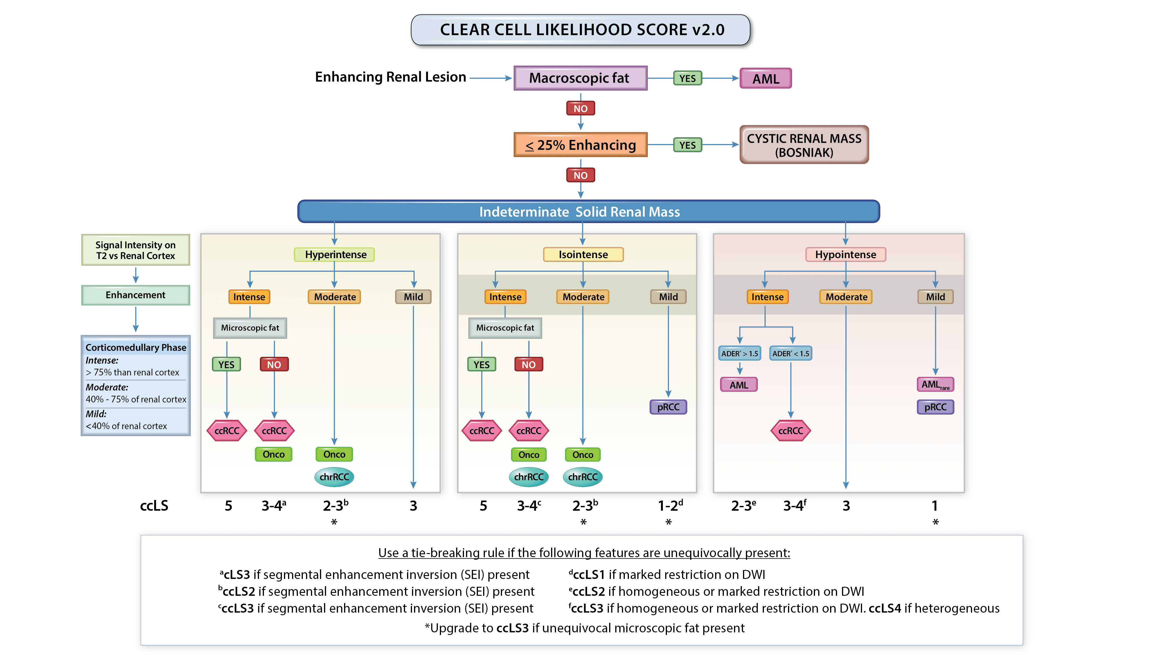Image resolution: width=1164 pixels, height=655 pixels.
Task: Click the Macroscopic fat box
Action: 580,78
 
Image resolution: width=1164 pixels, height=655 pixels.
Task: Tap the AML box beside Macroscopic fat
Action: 765,79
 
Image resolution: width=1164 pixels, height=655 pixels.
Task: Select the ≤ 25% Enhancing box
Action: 580,145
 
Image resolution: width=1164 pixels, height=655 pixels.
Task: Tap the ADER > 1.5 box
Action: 739,353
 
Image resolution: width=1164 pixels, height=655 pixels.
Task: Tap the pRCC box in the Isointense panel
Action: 668,407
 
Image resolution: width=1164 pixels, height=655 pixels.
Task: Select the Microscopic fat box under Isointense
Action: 505,328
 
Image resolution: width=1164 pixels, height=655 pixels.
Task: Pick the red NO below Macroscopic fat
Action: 580,108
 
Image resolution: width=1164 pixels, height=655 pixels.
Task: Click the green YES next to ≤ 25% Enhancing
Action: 687,145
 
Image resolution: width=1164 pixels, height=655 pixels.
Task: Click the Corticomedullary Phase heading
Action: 136,347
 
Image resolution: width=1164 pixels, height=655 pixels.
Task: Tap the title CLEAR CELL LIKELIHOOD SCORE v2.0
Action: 582,30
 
